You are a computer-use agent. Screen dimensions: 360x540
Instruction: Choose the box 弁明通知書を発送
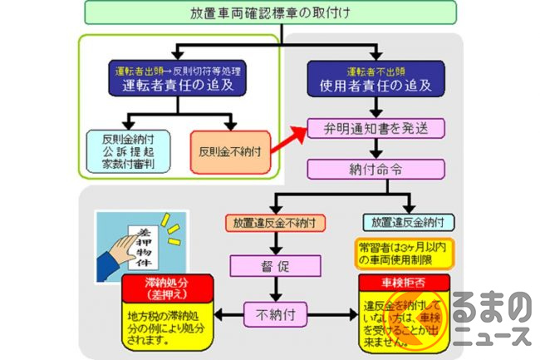pos(376,128)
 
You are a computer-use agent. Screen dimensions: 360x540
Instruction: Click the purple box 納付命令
pos(376,169)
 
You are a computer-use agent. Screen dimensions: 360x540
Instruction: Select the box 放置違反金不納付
pos(274,222)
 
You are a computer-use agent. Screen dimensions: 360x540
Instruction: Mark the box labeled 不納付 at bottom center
pos(275,314)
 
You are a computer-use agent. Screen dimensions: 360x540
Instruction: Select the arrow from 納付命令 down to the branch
pos(376,187)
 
